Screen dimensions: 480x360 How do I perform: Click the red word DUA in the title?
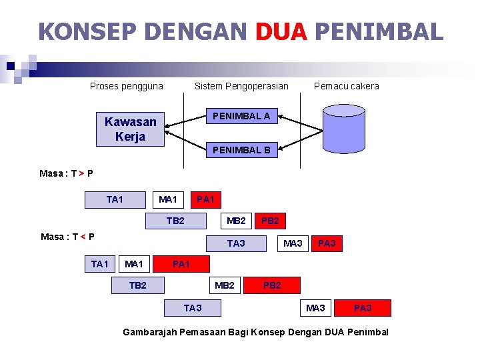pyautogui.click(x=281, y=31)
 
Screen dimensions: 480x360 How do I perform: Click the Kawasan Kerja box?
pyautogui.click(x=130, y=129)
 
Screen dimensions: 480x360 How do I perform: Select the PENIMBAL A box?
pyautogui.click(x=241, y=116)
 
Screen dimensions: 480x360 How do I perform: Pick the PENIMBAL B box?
pyautogui.click(x=241, y=150)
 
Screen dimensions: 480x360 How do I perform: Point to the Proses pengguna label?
pyautogui.click(x=127, y=86)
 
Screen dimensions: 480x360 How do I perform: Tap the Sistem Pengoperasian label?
pyautogui.click(x=241, y=86)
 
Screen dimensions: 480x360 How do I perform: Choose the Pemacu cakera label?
pyautogui.click(x=346, y=86)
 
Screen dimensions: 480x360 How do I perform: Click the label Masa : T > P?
pyautogui.click(x=66, y=173)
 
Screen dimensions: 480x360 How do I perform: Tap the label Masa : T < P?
pyautogui.click(x=67, y=237)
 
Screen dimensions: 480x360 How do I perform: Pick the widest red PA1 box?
pyautogui.click(x=181, y=264)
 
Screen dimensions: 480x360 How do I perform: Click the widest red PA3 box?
pyautogui.click(x=363, y=307)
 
